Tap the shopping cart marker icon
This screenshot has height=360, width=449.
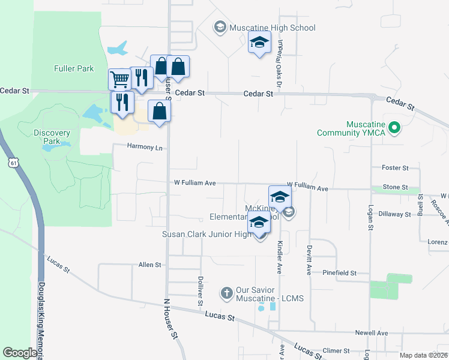click(x=120, y=79)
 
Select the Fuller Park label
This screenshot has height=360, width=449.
click(x=74, y=68)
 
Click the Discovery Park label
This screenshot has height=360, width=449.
click(x=52, y=137)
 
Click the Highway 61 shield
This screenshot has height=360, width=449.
click(x=14, y=162)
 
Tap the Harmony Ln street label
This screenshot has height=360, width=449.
click(x=145, y=147)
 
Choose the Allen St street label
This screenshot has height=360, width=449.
click(x=150, y=265)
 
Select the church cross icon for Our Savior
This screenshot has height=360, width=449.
click(x=226, y=293)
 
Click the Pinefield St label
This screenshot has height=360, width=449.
click(x=339, y=273)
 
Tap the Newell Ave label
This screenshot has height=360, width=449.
click(x=372, y=333)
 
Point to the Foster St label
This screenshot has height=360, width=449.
click(x=396, y=168)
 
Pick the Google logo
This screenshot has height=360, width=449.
click(x=20, y=353)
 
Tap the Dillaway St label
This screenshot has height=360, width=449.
click(x=394, y=214)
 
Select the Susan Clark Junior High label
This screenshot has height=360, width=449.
click(x=206, y=234)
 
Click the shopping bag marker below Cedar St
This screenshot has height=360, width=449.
click(x=159, y=111)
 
